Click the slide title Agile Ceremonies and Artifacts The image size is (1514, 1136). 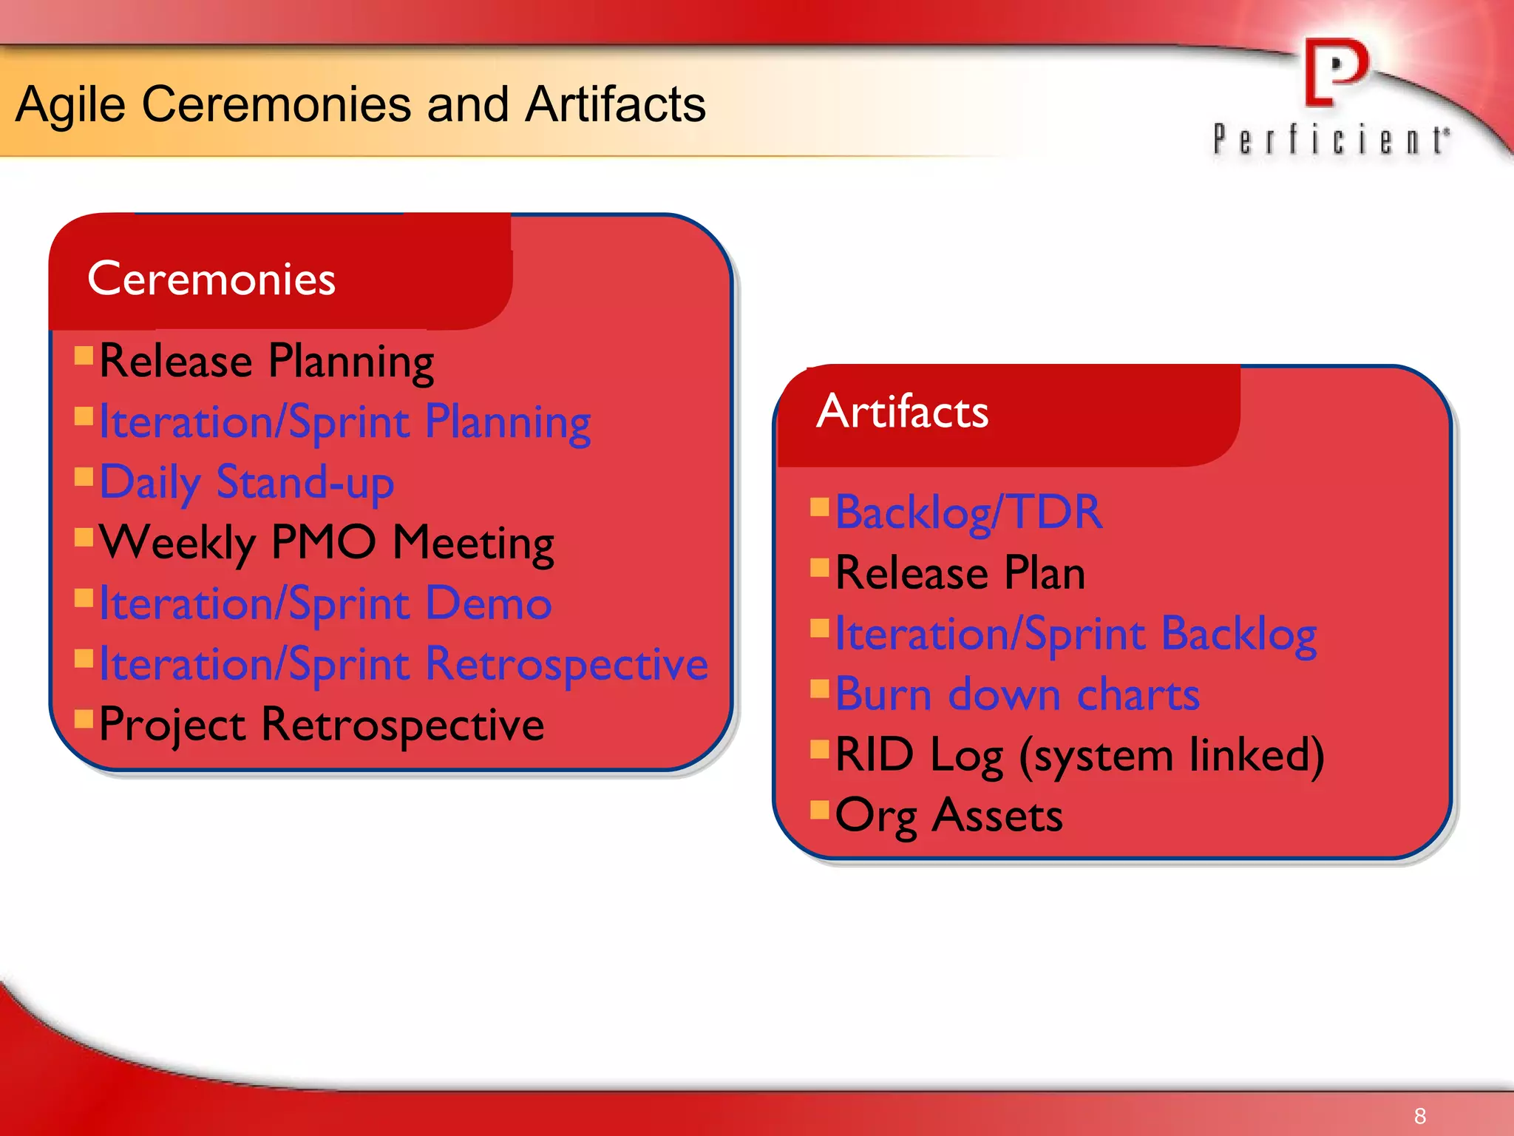point(360,104)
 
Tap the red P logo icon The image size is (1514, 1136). point(1336,72)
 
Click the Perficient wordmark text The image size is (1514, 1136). point(1331,140)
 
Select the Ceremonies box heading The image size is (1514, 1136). point(211,279)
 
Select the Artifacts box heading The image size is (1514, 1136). point(902,411)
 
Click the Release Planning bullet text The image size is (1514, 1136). point(266,362)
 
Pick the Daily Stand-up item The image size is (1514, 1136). point(246,483)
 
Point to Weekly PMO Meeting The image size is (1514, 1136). point(326,544)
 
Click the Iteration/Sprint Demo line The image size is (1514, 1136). point(325,604)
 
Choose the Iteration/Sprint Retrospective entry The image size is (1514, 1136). point(403,664)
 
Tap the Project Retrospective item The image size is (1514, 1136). point(322,725)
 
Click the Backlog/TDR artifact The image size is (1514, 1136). point(968,513)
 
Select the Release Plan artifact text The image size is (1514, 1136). point(960,573)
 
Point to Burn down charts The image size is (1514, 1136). point(1017,694)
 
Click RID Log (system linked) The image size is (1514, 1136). point(1079,755)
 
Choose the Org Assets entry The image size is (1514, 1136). point(948,816)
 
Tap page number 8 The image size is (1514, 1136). point(1419,1115)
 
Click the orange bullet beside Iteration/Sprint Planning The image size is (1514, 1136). point(84,416)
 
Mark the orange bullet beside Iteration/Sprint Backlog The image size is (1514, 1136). point(819,628)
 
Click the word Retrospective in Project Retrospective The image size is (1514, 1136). point(403,725)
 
